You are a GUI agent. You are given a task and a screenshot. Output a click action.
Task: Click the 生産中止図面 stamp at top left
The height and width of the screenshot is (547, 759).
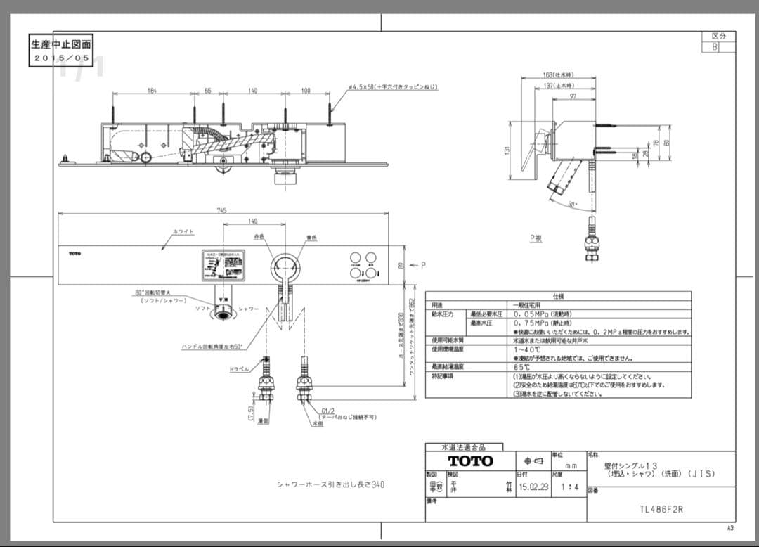(x=60, y=44)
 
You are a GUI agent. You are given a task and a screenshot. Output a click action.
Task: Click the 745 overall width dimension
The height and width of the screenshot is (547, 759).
(x=222, y=210)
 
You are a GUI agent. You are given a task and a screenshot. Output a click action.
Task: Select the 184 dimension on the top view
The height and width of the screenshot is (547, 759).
(x=152, y=91)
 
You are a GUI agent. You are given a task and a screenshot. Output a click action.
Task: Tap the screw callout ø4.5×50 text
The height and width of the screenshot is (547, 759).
(x=393, y=87)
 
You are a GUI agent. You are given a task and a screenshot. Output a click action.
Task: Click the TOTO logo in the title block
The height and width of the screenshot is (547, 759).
(x=470, y=461)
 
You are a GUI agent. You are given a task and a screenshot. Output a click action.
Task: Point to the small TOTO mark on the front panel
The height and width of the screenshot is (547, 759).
(x=74, y=253)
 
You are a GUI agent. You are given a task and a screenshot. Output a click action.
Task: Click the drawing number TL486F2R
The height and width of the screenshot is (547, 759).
(x=661, y=509)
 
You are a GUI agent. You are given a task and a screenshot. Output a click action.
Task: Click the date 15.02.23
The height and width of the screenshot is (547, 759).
(x=533, y=485)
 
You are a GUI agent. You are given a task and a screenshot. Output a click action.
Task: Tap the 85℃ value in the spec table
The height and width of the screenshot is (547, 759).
(x=522, y=367)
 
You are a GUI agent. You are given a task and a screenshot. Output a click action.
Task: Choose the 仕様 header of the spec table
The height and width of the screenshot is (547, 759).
(x=558, y=297)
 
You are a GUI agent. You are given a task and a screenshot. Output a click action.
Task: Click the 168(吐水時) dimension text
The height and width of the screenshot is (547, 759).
(x=558, y=75)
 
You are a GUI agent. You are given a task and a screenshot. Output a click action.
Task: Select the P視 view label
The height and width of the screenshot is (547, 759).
(x=536, y=239)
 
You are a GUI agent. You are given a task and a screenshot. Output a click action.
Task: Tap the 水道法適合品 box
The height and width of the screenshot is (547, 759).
(x=464, y=447)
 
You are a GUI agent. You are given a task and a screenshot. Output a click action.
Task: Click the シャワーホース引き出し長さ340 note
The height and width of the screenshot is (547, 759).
(x=330, y=484)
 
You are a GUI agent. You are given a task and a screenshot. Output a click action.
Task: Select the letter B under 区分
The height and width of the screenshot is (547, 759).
(x=715, y=47)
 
